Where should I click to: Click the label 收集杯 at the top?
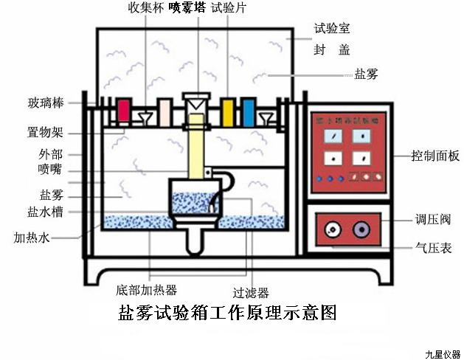point(144,9)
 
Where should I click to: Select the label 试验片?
point(228,9)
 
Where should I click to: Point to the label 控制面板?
point(436,156)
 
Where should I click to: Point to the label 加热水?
point(32,238)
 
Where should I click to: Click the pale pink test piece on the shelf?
point(165,112)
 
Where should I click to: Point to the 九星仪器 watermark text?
point(442,353)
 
